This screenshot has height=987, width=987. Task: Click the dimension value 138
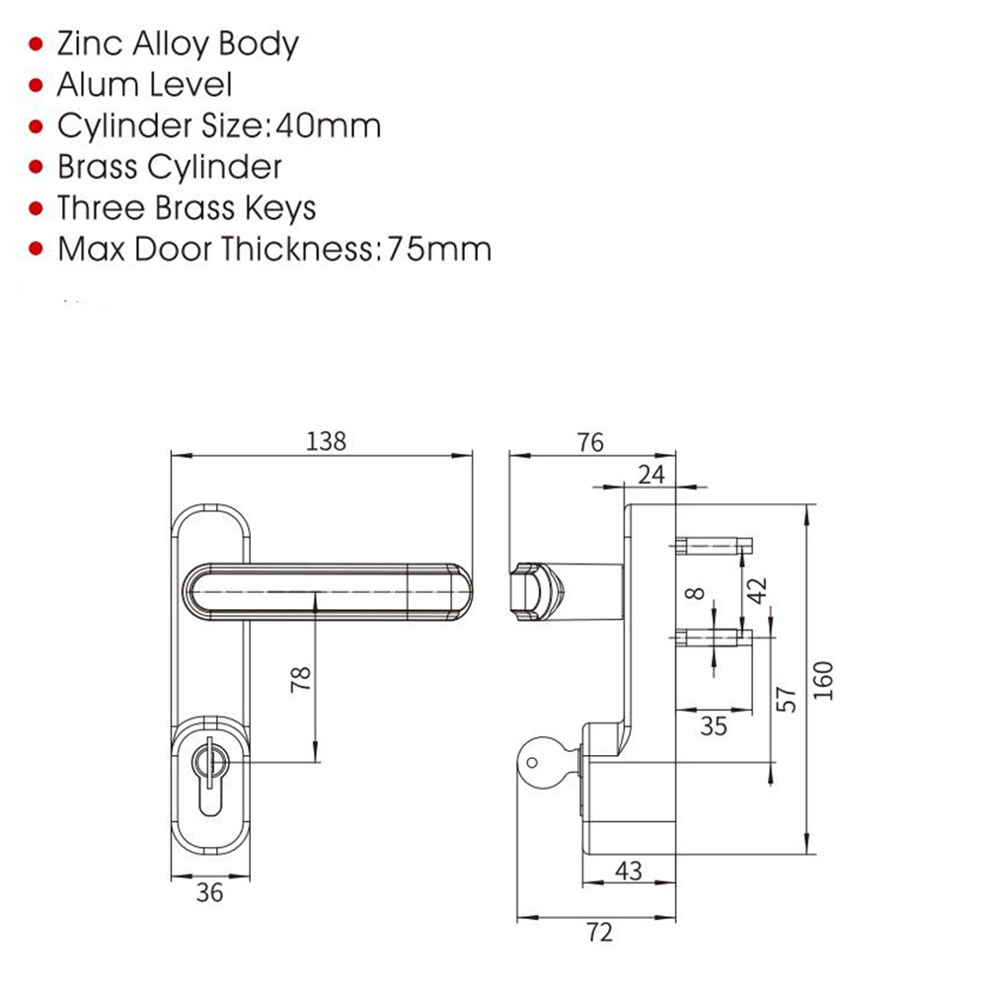[x=327, y=441]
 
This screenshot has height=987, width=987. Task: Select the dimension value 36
[x=209, y=892]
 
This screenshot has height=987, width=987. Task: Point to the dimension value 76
[x=589, y=442]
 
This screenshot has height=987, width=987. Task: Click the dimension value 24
[x=650, y=475]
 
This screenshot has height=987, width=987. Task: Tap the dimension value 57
[x=787, y=698]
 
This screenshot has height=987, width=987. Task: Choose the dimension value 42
[x=757, y=590]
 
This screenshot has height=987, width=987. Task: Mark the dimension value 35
[x=713, y=726]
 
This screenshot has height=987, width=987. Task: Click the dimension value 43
[x=629, y=871]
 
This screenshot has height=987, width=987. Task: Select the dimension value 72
[x=599, y=932]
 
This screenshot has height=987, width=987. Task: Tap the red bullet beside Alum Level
[x=38, y=86]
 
